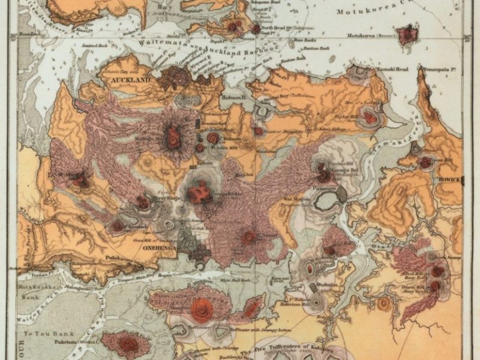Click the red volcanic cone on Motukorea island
pos(408,34)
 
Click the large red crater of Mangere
pos(202,309)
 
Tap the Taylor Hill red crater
pos(370,118)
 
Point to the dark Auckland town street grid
pos(175,77)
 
